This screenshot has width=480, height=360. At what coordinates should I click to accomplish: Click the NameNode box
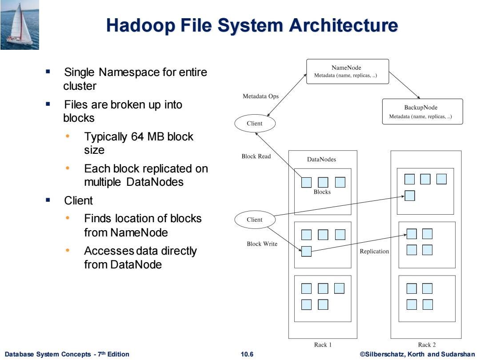[348, 71]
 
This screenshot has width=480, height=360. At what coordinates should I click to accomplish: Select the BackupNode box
[423, 112]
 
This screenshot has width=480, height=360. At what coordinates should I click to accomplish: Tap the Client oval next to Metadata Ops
[255, 124]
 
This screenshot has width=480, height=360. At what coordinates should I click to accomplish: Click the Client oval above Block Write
[255, 220]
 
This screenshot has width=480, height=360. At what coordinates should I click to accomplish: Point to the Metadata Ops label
[260, 96]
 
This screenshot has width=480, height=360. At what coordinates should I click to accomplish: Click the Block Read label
[256, 156]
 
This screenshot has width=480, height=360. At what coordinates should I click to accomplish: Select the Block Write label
[262, 244]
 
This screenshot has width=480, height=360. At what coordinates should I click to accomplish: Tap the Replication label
[374, 251]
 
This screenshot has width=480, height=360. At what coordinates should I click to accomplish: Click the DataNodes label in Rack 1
[321, 159]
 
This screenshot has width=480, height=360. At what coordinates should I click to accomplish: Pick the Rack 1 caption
[323, 345]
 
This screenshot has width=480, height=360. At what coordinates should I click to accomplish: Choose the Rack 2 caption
[427, 345]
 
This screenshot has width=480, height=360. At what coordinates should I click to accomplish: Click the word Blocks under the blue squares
[322, 192]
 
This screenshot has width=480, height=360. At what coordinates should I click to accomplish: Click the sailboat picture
[20, 25]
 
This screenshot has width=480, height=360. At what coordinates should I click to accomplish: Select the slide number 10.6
[247, 354]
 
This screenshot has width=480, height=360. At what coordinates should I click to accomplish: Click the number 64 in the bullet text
[137, 136]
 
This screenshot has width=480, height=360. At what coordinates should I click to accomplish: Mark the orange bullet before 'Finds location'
[68, 218]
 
